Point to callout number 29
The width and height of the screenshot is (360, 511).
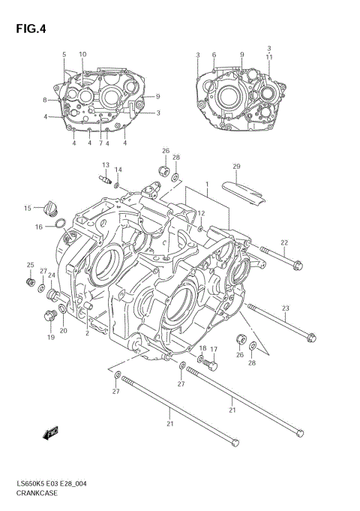point(235,166)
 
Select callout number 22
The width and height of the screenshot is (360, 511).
point(284,242)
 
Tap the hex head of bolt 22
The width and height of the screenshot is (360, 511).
point(298,264)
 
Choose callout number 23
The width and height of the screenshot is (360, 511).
point(285,308)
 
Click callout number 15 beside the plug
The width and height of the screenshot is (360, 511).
point(27,208)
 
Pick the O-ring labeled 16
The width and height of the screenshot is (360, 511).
point(58,222)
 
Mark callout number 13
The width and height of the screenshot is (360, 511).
point(106,165)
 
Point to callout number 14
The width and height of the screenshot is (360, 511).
point(118,170)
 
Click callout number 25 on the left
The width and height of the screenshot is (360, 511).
point(31,265)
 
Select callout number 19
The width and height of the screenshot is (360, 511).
point(52,337)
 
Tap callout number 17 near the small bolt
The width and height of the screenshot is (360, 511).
point(213,350)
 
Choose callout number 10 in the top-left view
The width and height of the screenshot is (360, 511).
point(82,54)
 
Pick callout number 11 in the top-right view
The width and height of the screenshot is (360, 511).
point(268,57)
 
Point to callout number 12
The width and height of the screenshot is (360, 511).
point(201,214)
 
